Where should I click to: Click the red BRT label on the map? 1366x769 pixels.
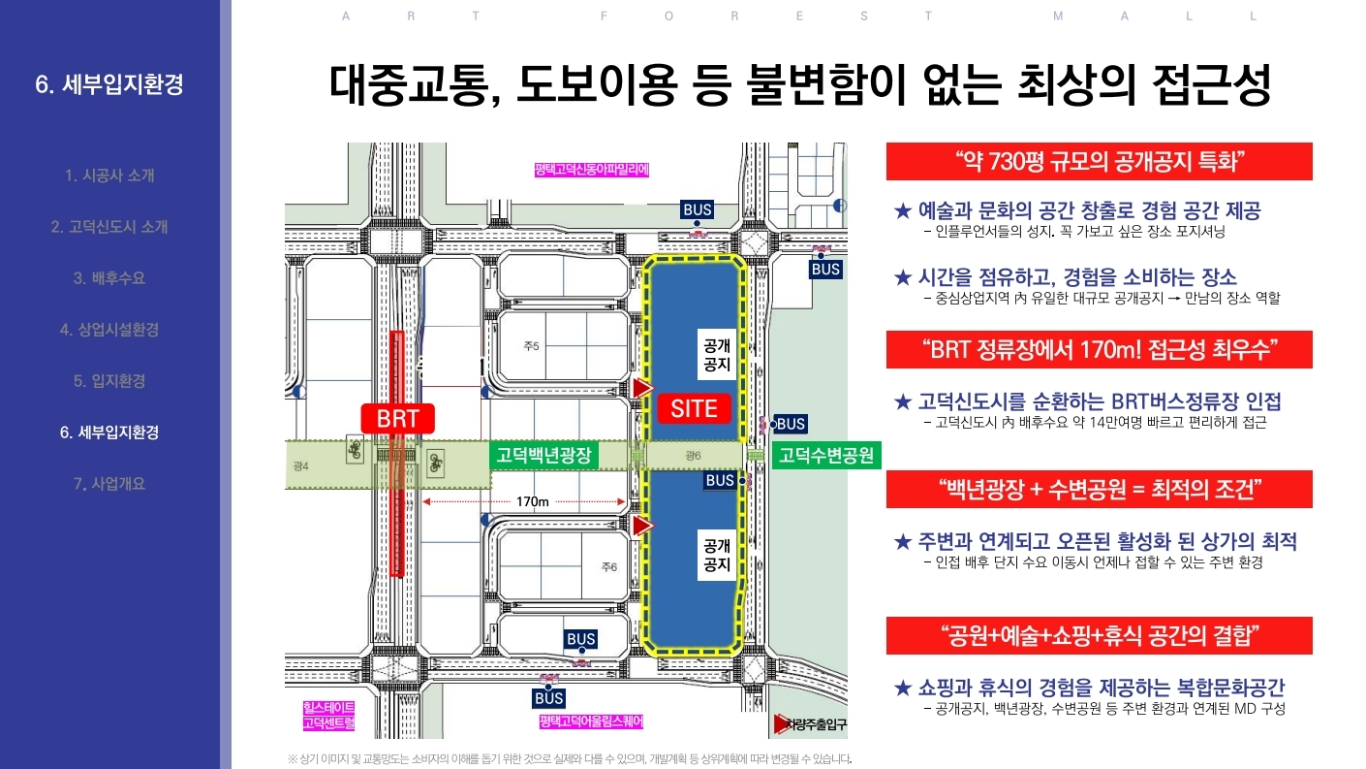(397, 419)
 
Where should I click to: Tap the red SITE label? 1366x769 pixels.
(694, 408)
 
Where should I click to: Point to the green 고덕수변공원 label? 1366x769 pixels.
(826, 455)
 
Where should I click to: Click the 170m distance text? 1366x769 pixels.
(533, 502)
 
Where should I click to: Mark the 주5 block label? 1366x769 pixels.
(531, 346)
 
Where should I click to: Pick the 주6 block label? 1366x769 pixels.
(608, 567)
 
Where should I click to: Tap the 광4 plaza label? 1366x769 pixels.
(300, 466)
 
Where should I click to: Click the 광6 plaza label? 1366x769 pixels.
(692, 456)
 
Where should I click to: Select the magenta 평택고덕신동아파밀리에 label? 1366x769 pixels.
(590, 170)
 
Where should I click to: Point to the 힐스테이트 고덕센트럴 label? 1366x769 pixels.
(329, 716)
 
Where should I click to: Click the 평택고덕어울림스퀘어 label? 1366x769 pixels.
(591, 722)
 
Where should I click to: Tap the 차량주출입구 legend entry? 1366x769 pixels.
(810, 723)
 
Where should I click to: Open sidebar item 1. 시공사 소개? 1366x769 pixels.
(109, 176)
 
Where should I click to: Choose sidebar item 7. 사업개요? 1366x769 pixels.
(109, 483)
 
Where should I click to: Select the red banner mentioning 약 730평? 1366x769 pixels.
(1099, 161)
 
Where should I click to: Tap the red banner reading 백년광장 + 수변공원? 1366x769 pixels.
(1099, 489)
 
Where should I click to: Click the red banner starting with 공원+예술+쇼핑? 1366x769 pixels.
(1099, 636)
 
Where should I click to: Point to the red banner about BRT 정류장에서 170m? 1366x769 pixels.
(1099, 349)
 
